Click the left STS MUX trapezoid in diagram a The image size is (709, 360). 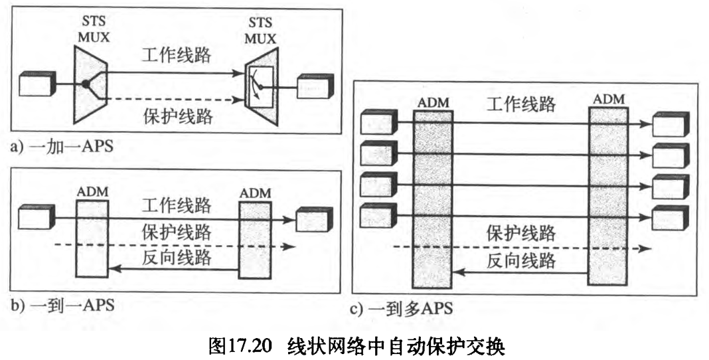click(x=87, y=84)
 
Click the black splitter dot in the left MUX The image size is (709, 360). click(x=86, y=84)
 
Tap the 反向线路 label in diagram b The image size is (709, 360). click(x=177, y=257)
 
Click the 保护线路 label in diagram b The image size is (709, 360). click(x=177, y=232)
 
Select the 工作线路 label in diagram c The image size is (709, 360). click(x=521, y=104)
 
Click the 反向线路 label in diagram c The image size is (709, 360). click(x=521, y=261)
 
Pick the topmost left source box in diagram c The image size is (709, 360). click(x=377, y=123)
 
